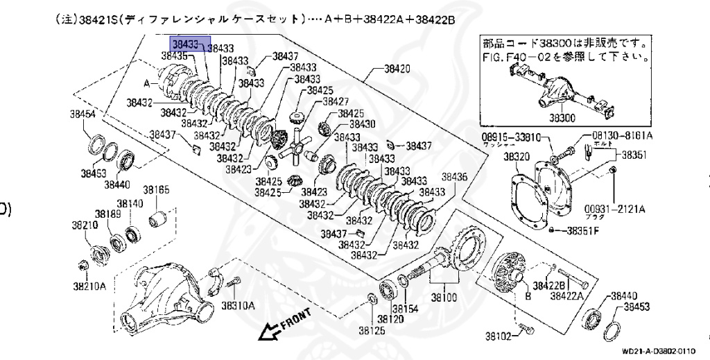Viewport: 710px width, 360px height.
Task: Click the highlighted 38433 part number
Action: click(186, 44)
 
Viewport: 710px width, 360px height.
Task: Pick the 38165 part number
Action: click(157, 189)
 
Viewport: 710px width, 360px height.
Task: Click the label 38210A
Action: click(89, 285)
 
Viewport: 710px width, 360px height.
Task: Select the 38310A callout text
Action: click(238, 305)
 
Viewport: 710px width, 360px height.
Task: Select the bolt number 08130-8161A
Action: click(623, 137)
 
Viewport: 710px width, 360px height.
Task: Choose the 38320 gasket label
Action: click(517, 157)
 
